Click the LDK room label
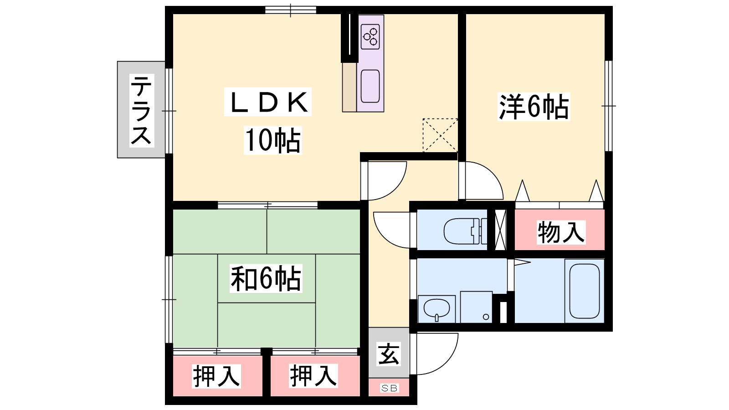pyautogui.click(x=268, y=102)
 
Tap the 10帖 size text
pyautogui.click(x=273, y=140)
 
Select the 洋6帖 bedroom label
pyautogui.click(x=534, y=107)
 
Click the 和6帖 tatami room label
pyautogui.click(x=266, y=278)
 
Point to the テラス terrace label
pyautogui.click(x=142, y=110)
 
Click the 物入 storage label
pyautogui.click(x=561, y=232)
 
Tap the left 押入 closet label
pyautogui.click(x=216, y=376)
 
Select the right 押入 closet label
pyautogui.click(x=313, y=376)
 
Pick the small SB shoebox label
pyautogui.click(x=389, y=388)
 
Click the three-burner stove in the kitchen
pyautogui.click(x=370, y=37)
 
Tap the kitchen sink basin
pyautogui.click(x=370, y=86)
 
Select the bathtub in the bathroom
pyautogui.click(x=585, y=291)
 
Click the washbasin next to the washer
pyautogui.click(x=436, y=309)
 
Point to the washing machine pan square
pyautogui.click(x=476, y=307)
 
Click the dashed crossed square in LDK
pyautogui.click(x=440, y=135)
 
